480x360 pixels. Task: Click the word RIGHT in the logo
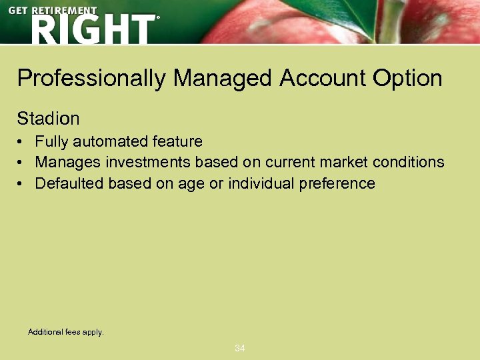point(92,29)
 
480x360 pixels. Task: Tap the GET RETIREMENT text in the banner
point(53,11)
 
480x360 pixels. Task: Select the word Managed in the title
point(223,79)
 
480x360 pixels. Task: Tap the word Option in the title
point(407,79)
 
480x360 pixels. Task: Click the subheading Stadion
point(48,119)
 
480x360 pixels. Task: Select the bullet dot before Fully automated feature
point(22,142)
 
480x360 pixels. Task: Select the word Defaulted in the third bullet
point(67,183)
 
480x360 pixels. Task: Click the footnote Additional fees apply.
point(66,331)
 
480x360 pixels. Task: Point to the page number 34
point(240,348)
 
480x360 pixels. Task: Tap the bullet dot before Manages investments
point(22,163)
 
